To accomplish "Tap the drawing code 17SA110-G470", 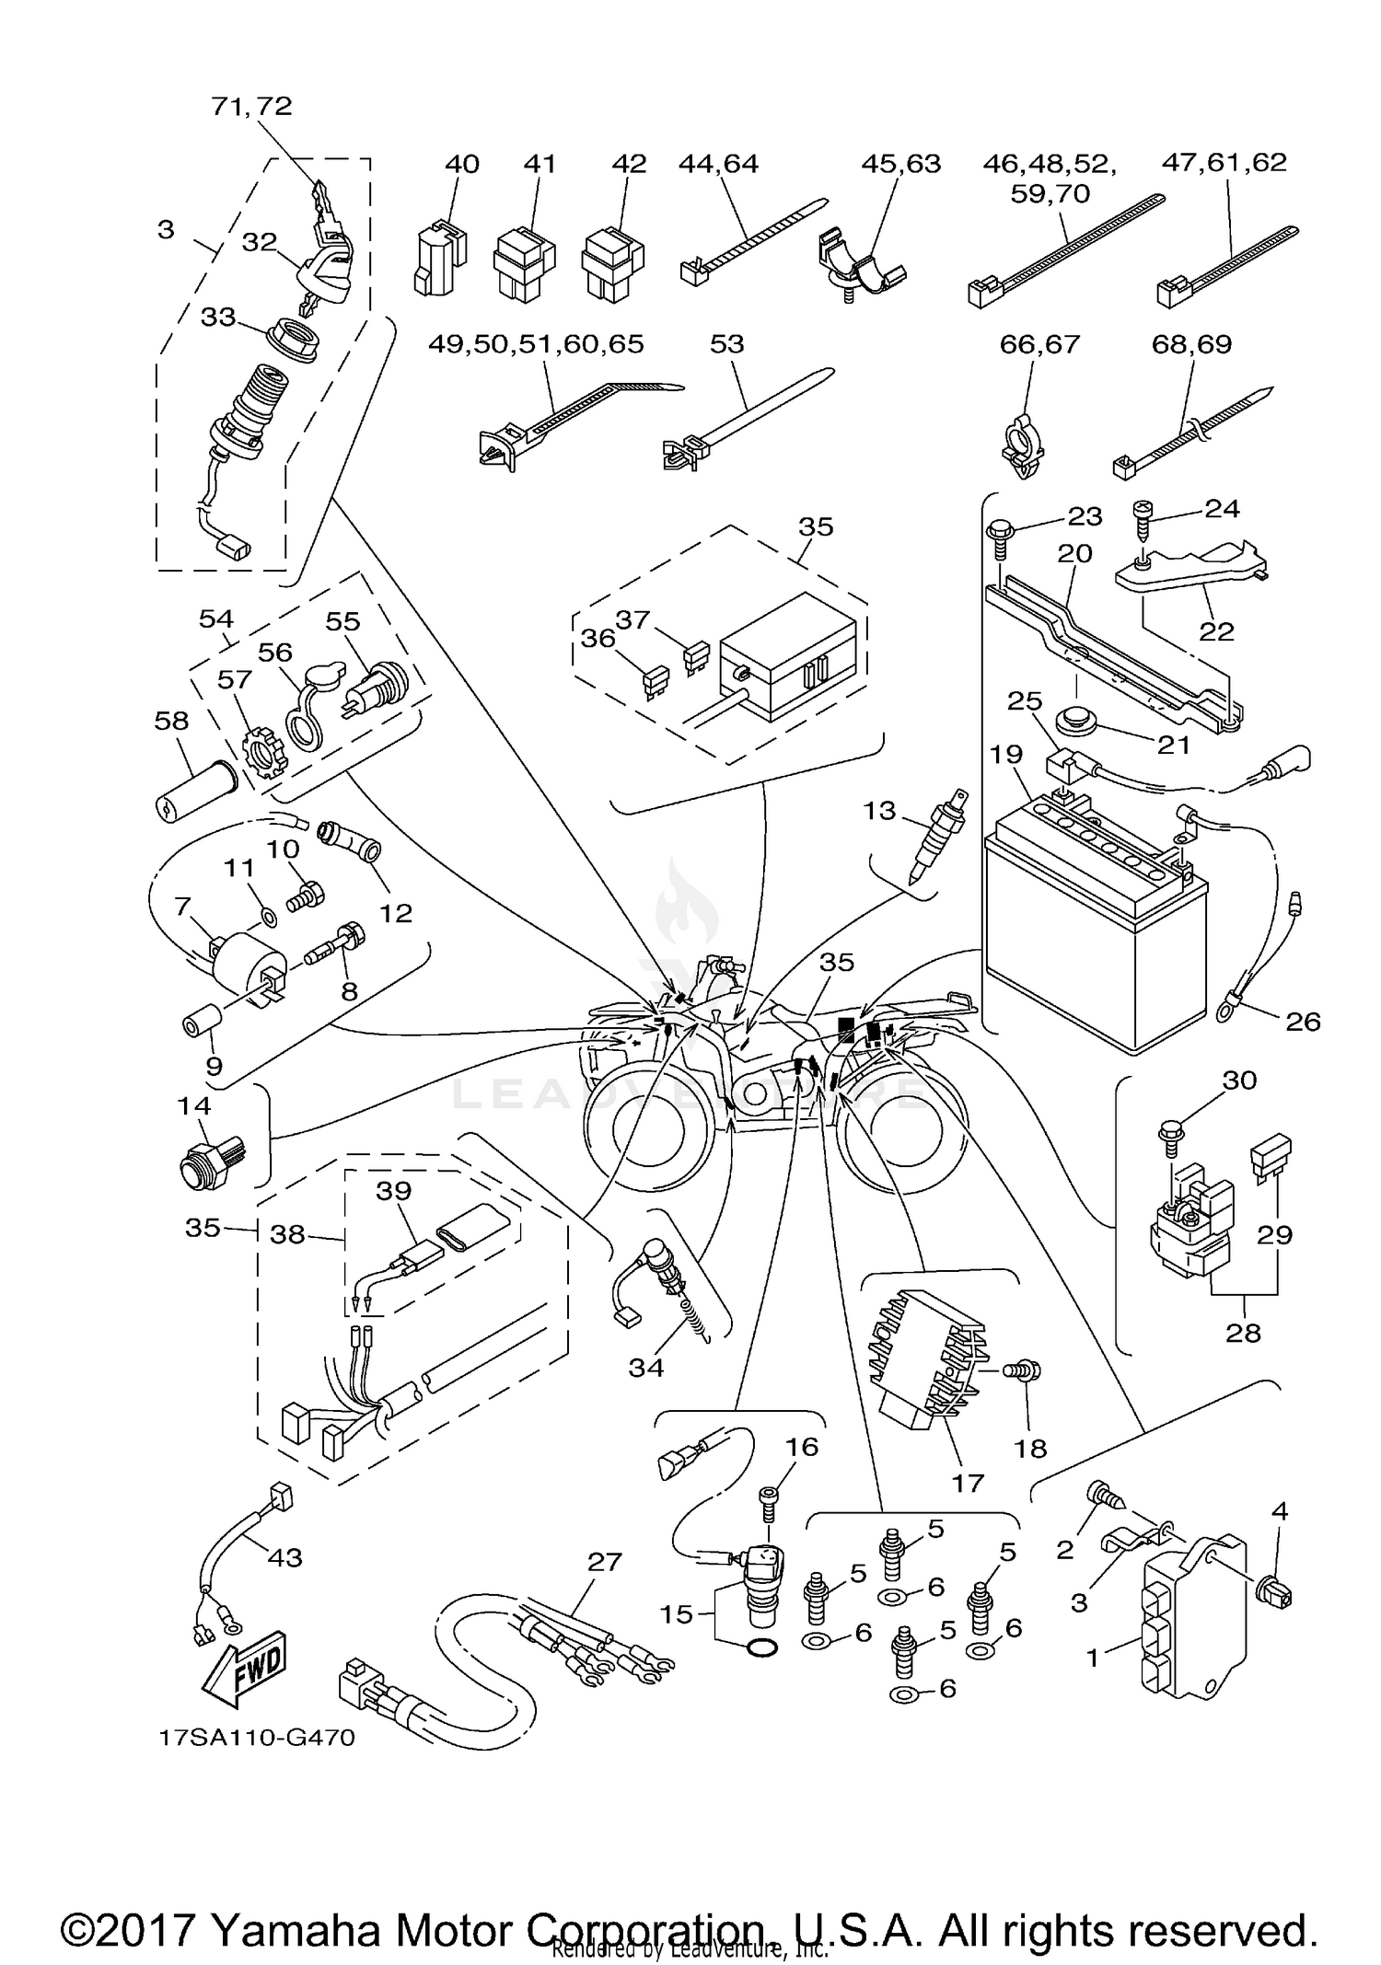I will [x=256, y=1738].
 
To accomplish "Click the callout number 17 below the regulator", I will [x=967, y=1483].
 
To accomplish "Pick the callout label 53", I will [x=726, y=343].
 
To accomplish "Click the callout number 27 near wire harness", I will [x=604, y=1561].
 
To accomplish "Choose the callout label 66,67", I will [x=1039, y=343].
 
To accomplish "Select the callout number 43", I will [x=284, y=1557].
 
